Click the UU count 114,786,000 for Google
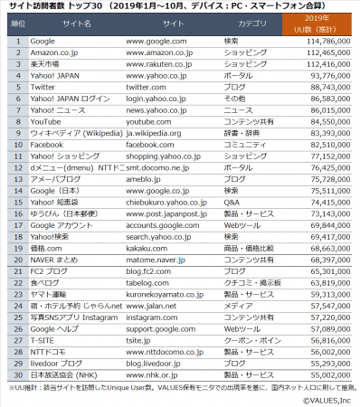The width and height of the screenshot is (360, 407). click(326, 42)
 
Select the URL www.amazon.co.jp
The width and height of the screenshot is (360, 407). click(157, 53)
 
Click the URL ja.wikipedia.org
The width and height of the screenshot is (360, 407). click(156, 133)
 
